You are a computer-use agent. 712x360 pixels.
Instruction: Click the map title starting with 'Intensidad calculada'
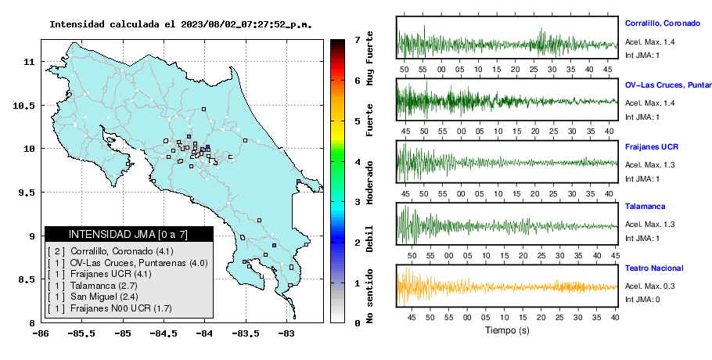[181, 24]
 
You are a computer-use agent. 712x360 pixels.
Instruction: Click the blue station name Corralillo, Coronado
[663, 23]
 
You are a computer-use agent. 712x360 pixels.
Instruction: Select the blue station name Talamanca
[645, 207]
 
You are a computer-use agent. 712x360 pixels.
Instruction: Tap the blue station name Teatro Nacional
[654, 268]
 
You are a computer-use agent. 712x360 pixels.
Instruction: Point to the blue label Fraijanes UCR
[652, 147]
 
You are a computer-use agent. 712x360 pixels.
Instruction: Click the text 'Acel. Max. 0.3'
[649, 286]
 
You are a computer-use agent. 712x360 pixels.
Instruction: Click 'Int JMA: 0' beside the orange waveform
[642, 300]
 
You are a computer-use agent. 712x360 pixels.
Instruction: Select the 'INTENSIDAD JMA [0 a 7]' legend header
[128, 235]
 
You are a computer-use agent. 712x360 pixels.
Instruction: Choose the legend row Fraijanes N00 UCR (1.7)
[110, 308]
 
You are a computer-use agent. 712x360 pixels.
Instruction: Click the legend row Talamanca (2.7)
[92, 286]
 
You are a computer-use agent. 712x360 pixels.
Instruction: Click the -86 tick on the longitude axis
[41, 334]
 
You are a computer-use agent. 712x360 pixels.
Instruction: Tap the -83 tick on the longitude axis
[286, 334]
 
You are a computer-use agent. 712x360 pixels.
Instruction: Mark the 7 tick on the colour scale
[358, 40]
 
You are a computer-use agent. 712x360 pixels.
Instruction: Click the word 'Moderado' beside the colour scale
[369, 182]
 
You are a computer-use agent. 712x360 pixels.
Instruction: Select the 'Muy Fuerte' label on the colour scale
[369, 58]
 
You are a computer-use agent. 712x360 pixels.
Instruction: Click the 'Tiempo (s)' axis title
[507, 330]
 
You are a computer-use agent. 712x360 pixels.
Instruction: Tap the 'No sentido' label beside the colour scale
[369, 296]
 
